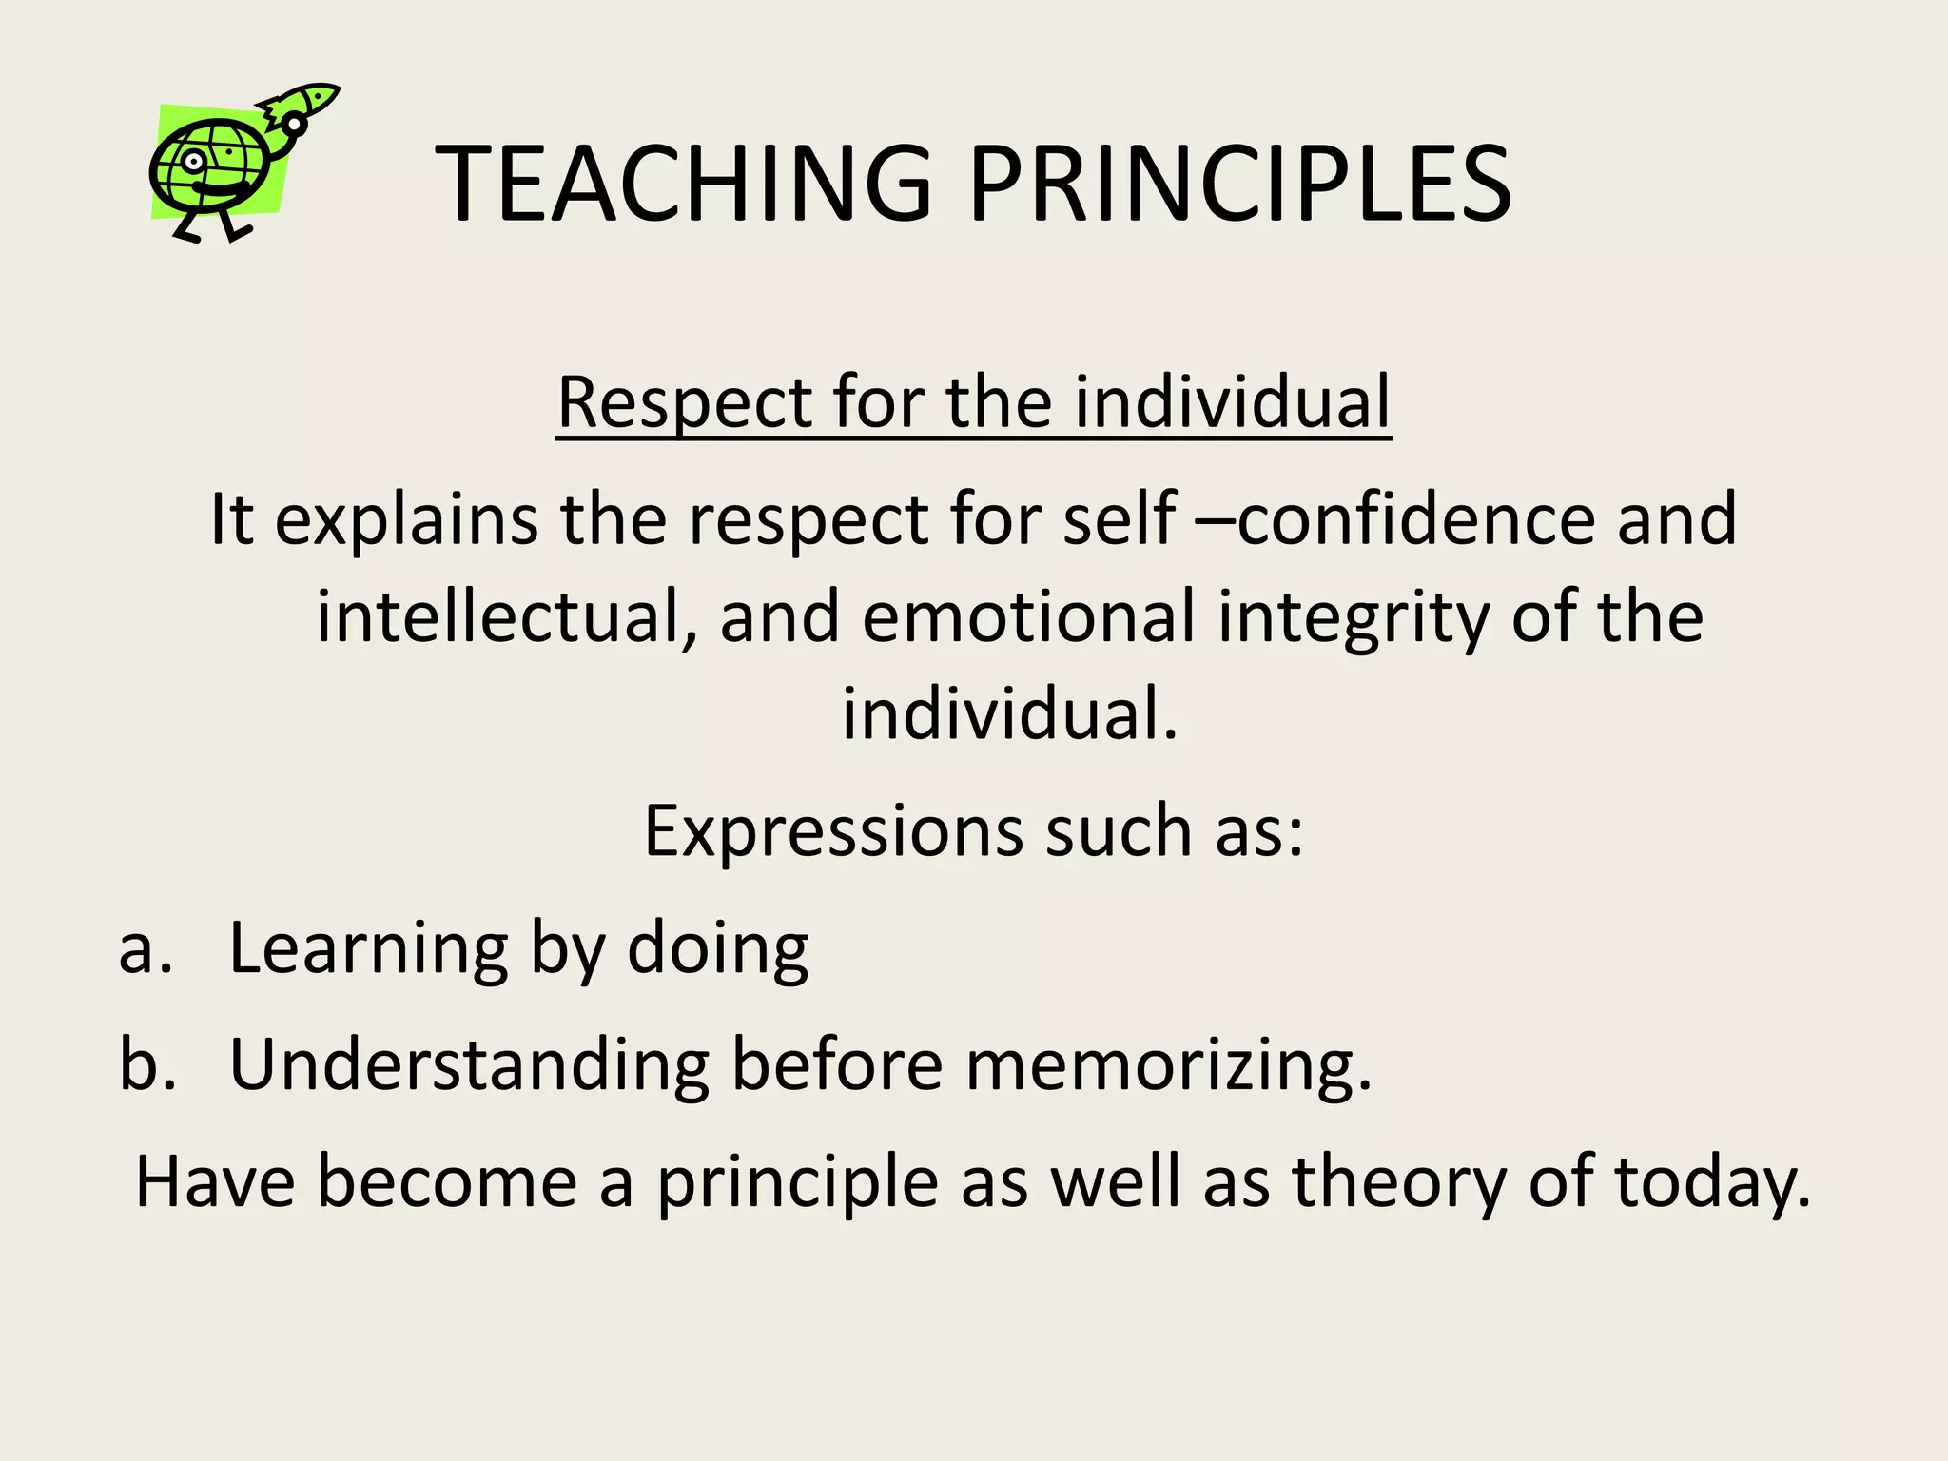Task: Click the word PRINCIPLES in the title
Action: (1239, 184)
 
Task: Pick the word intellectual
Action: (500, 617)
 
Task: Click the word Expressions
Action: (833, 831)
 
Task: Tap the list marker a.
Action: (146, 949)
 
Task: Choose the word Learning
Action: (369, 949)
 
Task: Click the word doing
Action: (717, 949)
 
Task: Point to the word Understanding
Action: (469, 1064)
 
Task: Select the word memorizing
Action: (1169, 1066)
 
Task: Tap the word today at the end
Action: (1711, 1182)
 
